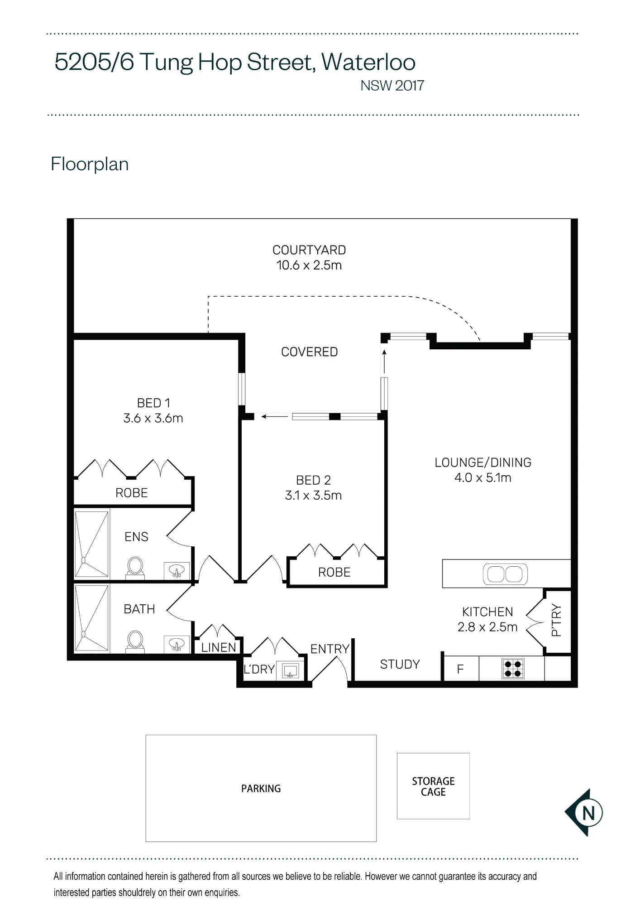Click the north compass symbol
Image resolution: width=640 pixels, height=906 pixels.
click(x=584, y=813)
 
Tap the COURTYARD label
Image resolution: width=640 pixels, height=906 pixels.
click(x=309, y=250)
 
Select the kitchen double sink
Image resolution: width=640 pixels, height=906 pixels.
click(x=505, y=574)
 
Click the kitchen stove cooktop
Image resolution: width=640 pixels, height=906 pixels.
click(x=513, y=668)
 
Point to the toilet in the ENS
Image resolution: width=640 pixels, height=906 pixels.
click(x=135, y=568)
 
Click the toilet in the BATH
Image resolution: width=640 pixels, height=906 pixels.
click(x=135, y=641)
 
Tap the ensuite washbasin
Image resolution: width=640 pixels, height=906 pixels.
click(x=176, y=571)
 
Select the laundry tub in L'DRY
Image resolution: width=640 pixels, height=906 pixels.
click(x=291, y=670)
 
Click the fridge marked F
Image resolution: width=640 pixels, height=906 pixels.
click(x=461, y=669)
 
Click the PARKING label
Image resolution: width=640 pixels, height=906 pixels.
click(x=261, y=789)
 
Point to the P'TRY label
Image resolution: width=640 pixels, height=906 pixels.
click(x=557, y=620)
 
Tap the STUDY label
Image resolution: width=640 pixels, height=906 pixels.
click(x=400, y=664)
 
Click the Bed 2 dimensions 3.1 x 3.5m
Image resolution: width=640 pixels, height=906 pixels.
click(x=313, y=495)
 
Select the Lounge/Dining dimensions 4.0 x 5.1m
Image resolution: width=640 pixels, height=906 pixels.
click(x=483, y=477)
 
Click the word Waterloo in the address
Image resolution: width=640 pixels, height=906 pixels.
click(x=368, y=62)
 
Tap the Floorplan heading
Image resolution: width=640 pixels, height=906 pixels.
click(x=90, y=164)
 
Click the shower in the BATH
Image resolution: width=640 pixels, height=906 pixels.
click(x=92, y=618)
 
